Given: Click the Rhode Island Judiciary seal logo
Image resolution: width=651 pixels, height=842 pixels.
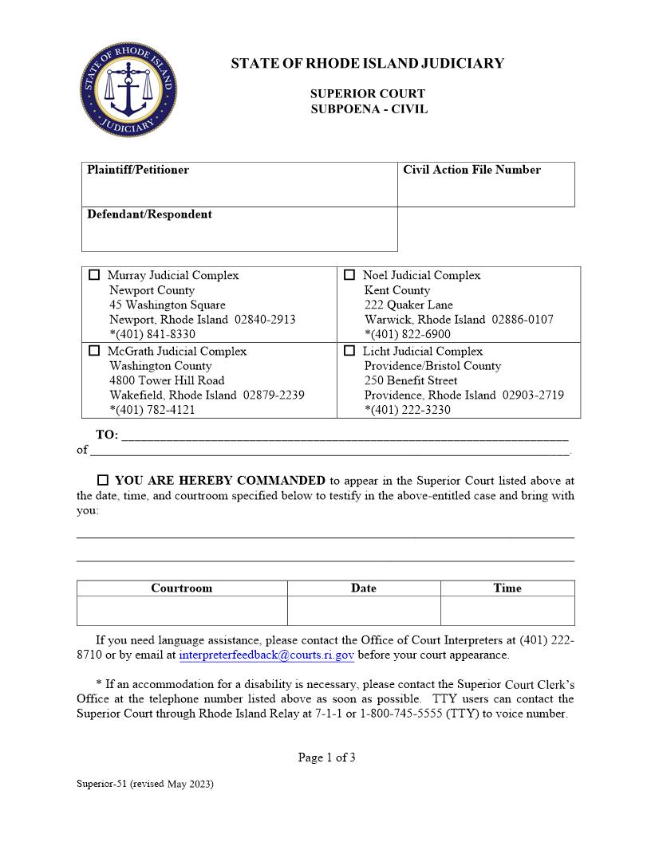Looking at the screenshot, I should [128, 87].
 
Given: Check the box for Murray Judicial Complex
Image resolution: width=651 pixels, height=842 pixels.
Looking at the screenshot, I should [94, 275].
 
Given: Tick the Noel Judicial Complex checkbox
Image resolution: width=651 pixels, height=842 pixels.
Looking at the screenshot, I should [349, 275].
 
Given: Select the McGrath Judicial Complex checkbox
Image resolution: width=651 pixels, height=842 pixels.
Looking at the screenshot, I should [94, 351].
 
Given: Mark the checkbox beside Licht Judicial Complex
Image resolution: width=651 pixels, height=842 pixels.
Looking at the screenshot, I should [349, 351].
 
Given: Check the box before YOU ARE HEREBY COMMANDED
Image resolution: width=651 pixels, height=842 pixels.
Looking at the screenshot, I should [103, 481].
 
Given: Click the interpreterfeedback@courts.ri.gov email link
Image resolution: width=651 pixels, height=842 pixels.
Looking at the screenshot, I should [266, 655].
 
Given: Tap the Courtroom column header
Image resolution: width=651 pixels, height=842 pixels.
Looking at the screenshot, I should [182, 588].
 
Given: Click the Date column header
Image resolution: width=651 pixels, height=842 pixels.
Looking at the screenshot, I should [364, 588].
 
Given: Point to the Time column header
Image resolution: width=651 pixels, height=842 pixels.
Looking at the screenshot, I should [507, 588].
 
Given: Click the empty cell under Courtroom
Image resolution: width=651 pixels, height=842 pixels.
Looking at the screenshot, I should [182, 611].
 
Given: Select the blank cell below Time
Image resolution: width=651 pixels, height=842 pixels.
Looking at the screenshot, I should [507, 611].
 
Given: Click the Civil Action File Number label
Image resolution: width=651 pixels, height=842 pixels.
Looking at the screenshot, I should [471, 170].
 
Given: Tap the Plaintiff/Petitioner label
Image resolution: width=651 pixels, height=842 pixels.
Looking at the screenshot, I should [138, 170].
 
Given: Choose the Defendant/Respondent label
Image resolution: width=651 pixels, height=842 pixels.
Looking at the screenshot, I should [149, 214].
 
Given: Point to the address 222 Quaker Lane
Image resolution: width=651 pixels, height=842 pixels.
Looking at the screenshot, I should [408, 305].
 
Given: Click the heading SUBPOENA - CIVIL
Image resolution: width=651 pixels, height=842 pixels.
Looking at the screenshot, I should [369, 109].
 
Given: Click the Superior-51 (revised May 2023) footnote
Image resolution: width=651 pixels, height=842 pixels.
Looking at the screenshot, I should [145, 784].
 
